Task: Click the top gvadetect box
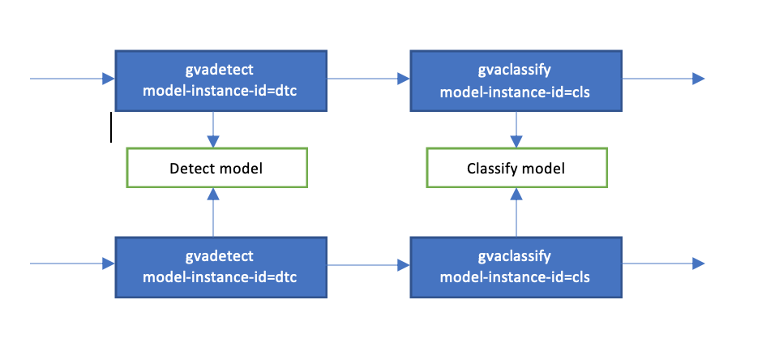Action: (220, 80)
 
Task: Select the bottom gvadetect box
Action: (220, 267)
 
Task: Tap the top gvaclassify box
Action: (516, 80)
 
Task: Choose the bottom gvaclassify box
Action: (516, 267)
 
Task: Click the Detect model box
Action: (216, 169)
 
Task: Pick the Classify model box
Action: (516, 169)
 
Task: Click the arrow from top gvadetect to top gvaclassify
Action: (368, 79)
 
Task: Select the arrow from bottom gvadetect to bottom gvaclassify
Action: (368, 264)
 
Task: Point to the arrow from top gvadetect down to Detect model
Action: (213, 130)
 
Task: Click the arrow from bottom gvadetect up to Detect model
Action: (213, 212)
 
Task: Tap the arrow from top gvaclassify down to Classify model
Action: (516, 130)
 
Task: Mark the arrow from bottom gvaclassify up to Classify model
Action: (516, 212)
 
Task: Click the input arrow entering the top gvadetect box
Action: (73, 79)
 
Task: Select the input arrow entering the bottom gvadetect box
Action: (73, 264)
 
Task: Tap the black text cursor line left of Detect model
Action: (111, 127)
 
